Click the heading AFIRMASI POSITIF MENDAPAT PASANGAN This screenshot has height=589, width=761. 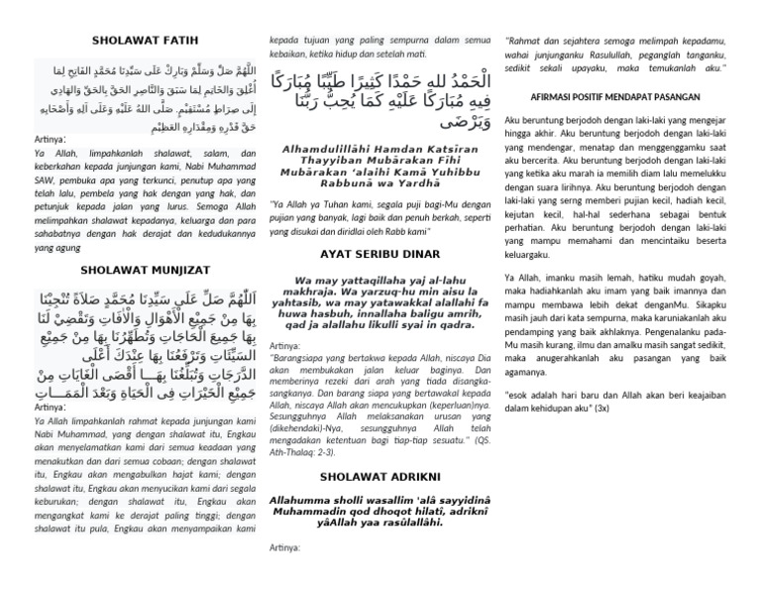pos(631,97)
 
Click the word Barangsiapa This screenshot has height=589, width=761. pos(307,357)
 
